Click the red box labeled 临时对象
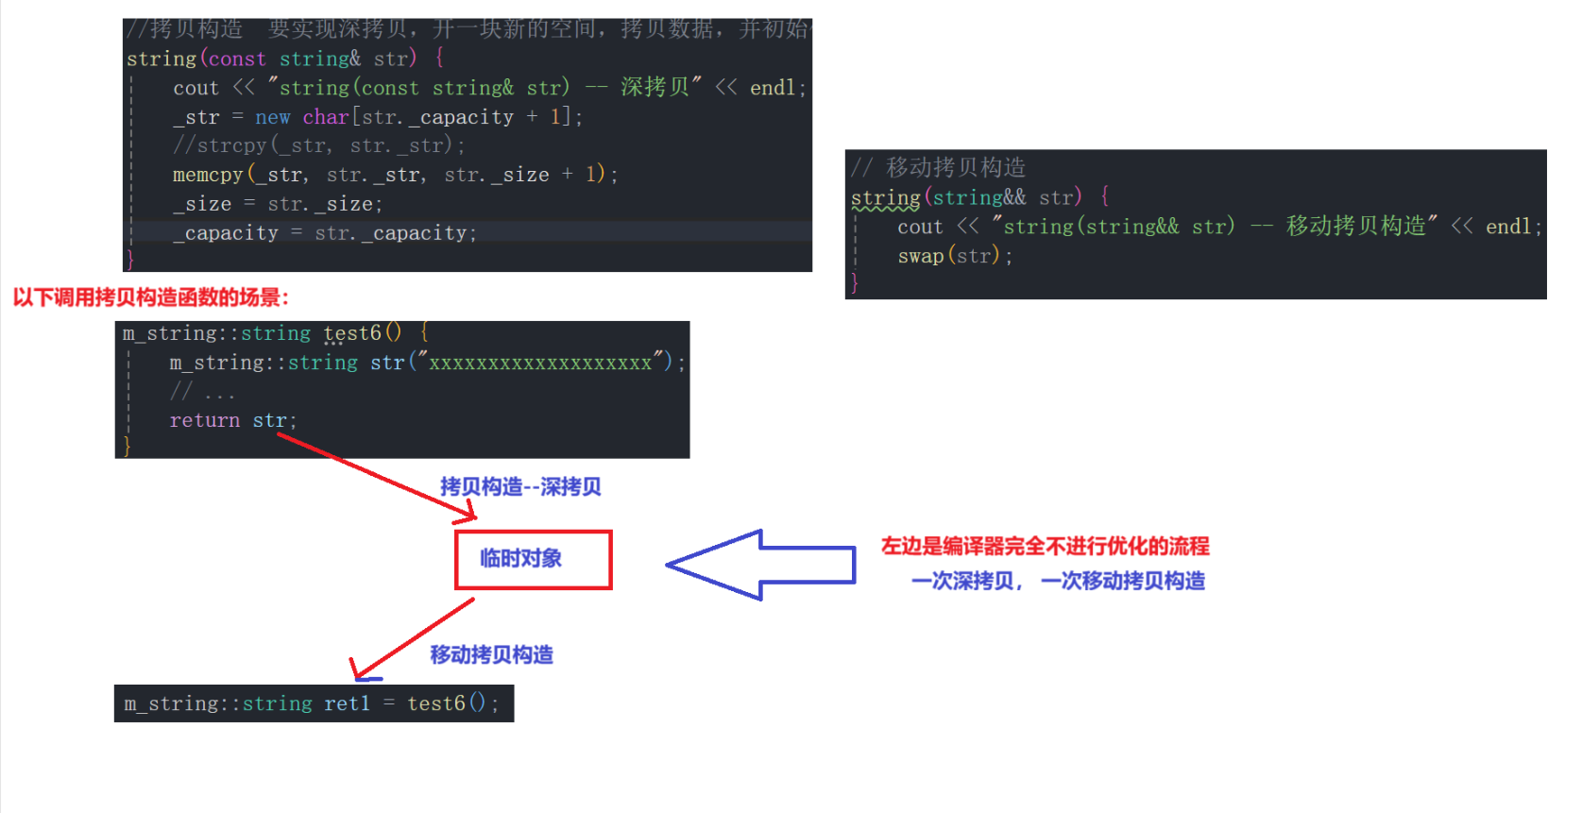point(534,560)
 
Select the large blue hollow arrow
point(760,565)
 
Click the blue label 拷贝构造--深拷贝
point(520,486)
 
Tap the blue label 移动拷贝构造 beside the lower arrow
point(491,654)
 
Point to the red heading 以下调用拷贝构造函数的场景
point(151,297)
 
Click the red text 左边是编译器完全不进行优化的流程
point(1045,546)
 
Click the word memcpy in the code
point(208,175)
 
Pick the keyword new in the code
point(272,117)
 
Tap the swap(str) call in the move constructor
point(954,256)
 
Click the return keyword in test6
point(204,420)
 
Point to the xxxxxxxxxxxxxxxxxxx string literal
point(540,363)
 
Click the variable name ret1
point(347,703)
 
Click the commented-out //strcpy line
point(318,145)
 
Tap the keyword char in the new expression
point(326,117)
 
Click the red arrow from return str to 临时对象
point(378,477)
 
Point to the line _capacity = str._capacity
point(324,233)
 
